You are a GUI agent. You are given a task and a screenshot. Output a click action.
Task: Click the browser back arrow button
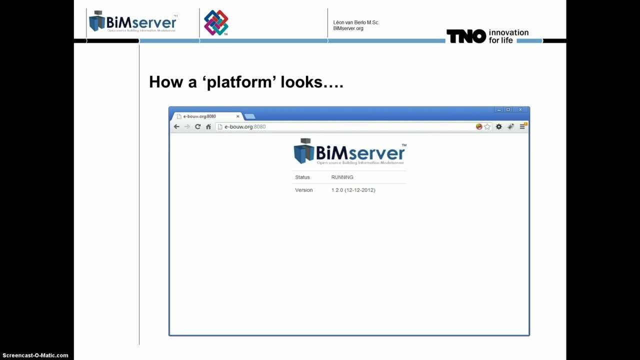176,126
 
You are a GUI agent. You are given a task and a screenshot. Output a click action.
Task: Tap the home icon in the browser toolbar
208,126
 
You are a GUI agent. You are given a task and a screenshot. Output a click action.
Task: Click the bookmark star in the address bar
487,126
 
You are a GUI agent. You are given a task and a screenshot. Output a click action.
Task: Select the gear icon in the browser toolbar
498,126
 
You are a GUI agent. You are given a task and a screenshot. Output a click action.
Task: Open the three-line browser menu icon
522,126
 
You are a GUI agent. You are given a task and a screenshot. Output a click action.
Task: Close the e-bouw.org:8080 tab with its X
238,116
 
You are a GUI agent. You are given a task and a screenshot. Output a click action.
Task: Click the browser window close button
520,109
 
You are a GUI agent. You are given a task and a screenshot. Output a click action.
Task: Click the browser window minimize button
498,109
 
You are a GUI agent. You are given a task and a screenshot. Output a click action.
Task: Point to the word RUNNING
342,177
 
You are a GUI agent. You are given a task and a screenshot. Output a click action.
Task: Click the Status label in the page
302,177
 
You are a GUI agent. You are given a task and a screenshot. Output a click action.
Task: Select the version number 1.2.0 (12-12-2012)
353,190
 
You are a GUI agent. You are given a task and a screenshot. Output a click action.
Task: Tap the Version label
303,190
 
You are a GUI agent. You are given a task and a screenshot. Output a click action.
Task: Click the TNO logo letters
466,36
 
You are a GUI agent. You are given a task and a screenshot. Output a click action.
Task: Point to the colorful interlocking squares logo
216,23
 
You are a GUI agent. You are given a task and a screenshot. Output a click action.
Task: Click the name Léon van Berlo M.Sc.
356,22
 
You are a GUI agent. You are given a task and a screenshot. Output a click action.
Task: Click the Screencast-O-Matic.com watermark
35,355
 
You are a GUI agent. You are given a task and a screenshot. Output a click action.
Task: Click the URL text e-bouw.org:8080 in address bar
245,126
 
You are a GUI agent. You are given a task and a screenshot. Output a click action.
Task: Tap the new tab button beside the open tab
249,116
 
